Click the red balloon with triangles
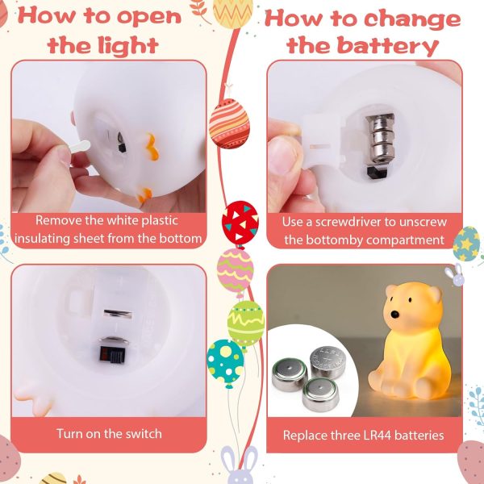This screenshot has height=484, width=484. [240, 221]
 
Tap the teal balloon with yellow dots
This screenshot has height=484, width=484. [225, 361]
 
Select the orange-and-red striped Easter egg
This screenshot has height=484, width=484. [229, 123]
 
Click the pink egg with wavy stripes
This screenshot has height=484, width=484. [236, 269]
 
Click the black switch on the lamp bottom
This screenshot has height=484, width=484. [111, 355]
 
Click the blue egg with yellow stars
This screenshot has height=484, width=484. [467, 244]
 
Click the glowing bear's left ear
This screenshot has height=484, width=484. [390, 292]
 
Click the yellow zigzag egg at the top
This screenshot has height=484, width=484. [232, 12]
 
